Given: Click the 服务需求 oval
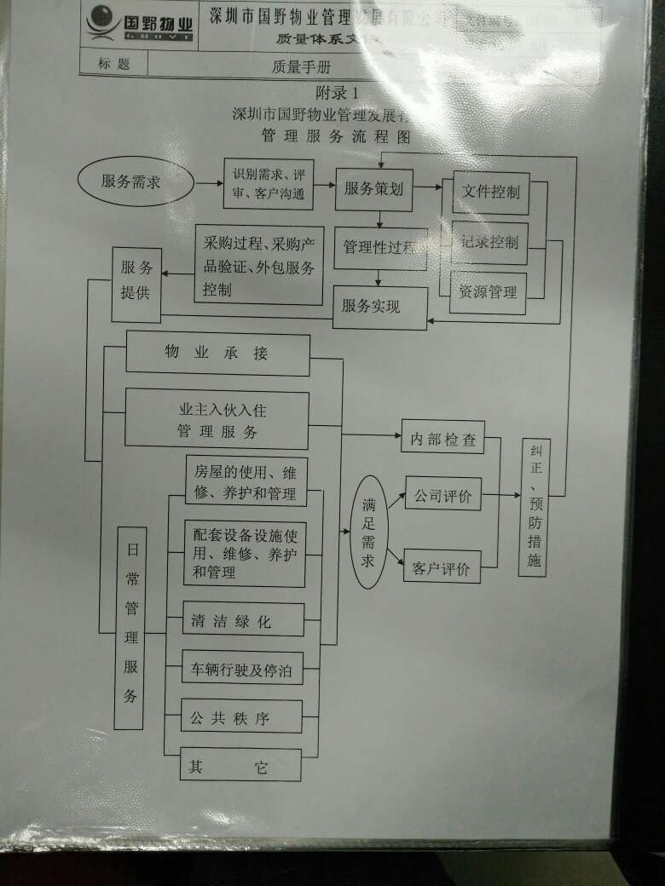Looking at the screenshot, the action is tap(131, 181).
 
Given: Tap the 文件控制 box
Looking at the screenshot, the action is tap(490, 192).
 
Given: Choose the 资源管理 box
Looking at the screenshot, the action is tap(489, 292).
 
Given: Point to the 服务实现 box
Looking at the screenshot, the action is tap(379, 307).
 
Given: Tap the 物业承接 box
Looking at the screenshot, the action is tap(217, 354).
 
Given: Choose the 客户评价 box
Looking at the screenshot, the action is tap(442, 567).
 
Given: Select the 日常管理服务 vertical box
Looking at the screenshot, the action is tap(130, 627).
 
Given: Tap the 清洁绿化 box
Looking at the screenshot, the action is tap(242, 620).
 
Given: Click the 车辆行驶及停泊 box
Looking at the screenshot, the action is tap(242, 670).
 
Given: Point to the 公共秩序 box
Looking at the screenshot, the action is tap(241, 717).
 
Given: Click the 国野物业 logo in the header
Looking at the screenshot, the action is tap(141, 25).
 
